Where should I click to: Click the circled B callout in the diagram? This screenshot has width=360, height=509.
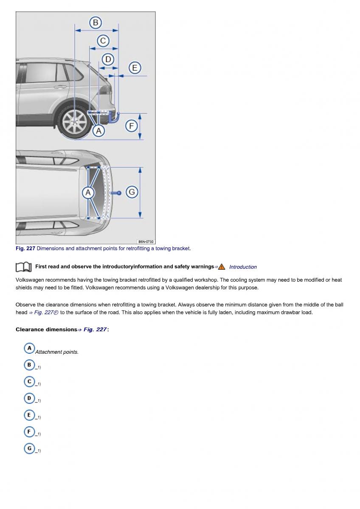[96, 22]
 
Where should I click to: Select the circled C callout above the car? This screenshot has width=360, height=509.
[103, 41]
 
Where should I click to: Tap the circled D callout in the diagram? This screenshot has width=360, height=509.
[108, 59]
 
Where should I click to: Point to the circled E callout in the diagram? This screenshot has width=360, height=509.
[135, 68]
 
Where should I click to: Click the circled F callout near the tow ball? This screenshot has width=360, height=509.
[131, 126]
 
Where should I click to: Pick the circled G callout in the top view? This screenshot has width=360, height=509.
[132, 192]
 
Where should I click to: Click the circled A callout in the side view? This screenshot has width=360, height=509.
[98, 131]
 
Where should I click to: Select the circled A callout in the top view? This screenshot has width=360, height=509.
[88, 193]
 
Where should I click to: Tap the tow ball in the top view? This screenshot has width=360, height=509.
[119, 193]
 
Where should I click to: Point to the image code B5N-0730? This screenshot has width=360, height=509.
[146, 241]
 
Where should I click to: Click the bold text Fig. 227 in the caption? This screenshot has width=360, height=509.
[25, 249]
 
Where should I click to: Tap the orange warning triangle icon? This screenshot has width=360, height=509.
[222, 267]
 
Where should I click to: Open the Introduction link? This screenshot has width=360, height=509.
[243, 267]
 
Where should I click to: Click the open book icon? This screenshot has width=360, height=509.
[23, 267]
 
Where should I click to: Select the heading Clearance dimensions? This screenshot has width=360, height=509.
[46, 330]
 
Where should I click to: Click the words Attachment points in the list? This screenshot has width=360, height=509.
[57, 352]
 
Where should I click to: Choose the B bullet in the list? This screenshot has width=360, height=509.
[29, 365]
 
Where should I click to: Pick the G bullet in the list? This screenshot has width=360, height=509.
[29, 448]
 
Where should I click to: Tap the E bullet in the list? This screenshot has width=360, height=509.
[29, 415]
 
